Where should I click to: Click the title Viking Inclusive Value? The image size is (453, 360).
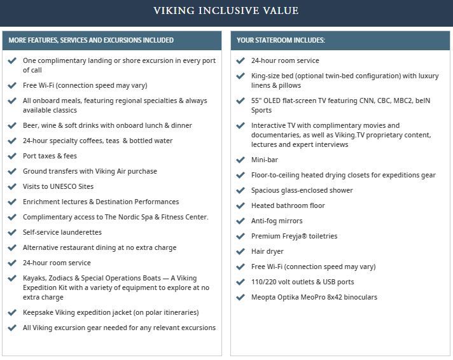tap(226, 11)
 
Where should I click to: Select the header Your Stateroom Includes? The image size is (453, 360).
tap(281, 40)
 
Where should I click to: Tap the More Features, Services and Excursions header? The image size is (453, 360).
tap(91, 40)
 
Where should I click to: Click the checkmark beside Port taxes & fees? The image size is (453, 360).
tap(11, 156)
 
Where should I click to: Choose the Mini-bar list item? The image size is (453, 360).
tap(265, 160)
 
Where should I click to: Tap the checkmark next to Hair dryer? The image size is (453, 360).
tap(240, 251)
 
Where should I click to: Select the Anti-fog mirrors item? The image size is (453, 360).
tap(277, 221)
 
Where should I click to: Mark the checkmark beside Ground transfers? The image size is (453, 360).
tap(11, 171)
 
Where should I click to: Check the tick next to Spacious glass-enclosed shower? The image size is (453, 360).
tap(240, 190)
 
